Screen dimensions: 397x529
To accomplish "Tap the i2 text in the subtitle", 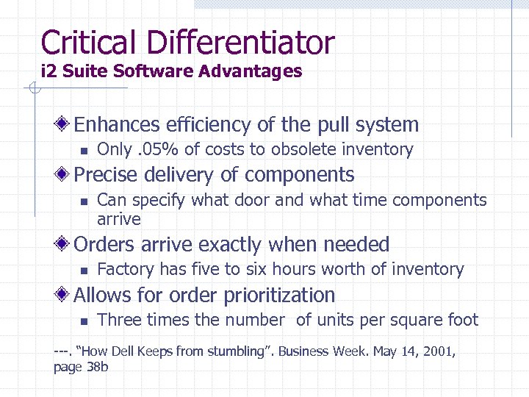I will pos(48,71).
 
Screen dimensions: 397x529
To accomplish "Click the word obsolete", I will pos(301,149).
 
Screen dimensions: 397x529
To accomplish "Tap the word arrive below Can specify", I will pos(118,218).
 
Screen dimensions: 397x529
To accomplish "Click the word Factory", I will pos(126,269).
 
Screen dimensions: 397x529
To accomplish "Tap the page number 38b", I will pos(98,366).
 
